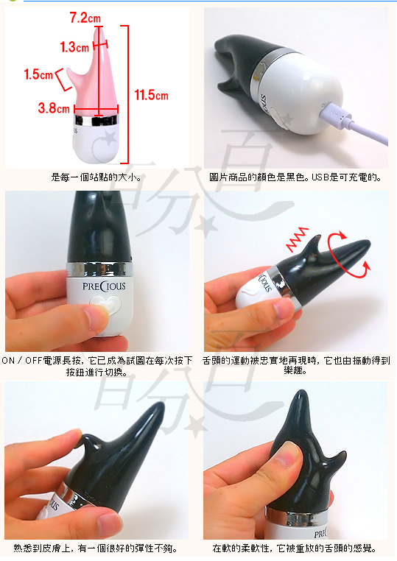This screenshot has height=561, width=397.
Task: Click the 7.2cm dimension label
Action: pos(85,18)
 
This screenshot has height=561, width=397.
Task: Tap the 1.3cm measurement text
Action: pos(74,47)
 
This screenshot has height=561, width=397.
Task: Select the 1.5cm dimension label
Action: pos(38,74)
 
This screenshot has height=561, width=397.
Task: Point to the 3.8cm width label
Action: pos(54,107)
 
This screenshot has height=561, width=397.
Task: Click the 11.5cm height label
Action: pos(151,95)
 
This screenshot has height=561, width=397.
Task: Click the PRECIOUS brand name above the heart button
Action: pos(104,286)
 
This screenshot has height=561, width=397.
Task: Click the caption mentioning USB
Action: pos(295,177)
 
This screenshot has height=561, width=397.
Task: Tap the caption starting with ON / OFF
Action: pos(97,366)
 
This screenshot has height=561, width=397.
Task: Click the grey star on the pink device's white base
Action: pos(110,138)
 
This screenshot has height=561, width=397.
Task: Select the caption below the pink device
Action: pos(96,177)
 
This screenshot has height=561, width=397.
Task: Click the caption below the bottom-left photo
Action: pos(96,548)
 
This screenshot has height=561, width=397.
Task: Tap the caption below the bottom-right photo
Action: pos(295,548)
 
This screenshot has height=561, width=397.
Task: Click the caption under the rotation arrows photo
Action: pos(295,365)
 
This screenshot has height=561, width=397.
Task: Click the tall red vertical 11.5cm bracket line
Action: pos(127,94)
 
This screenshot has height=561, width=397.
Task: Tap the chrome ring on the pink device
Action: pos(96,120)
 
